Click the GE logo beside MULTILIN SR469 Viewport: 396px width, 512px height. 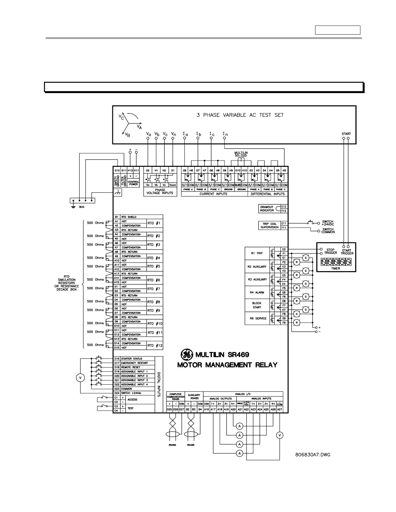click(186, 355)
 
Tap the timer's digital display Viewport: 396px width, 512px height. click(336, 262)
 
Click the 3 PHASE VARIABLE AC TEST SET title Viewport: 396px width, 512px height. click(240, 115)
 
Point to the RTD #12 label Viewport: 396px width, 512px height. click(155, 346)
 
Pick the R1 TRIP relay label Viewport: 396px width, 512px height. click(257, 253)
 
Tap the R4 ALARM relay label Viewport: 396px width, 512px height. click(257, 293)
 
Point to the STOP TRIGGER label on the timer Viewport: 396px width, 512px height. click(330, 251)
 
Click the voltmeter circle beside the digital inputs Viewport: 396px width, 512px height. click(80, 378)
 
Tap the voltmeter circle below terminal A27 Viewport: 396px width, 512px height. click(280, 435)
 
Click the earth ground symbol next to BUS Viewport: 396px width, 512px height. click(73, 206)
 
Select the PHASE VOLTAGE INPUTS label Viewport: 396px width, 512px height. click(160, 192)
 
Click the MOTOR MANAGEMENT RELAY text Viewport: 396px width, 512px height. click(227, 365)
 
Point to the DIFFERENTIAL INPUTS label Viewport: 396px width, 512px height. click(268, 194)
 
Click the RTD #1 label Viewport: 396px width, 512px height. click(154, 223)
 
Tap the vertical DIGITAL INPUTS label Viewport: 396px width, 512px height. click(159, 385)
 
